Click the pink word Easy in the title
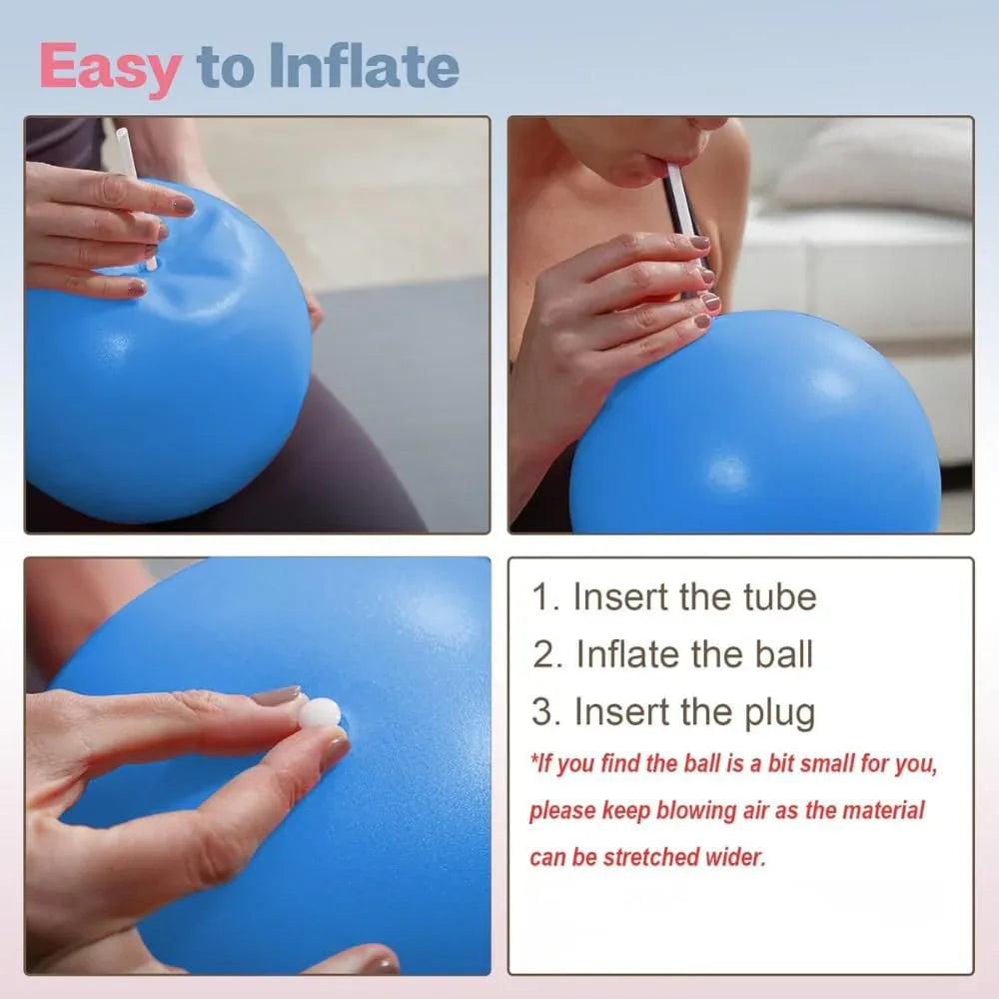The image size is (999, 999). pyautogui.click(x=110, y=68)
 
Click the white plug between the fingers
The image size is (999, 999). pyautogui.click(x=320, y=712)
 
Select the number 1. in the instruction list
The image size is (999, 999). pyautogui.click(x=545, y=597)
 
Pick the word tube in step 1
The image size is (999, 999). pyautogui.click(x=780, y=597)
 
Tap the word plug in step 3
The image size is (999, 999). pyautogui.click(x=780, y=712)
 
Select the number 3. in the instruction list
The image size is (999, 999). pyautogui.click(x=546, y=712)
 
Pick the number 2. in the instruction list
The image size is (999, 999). pyautogui.click(x=547, y=654)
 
